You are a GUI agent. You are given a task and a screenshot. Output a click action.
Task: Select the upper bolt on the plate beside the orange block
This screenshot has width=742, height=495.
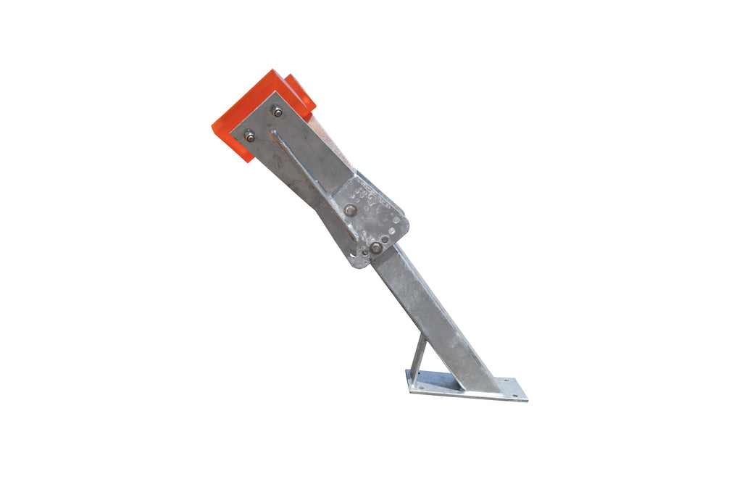click(277, 112)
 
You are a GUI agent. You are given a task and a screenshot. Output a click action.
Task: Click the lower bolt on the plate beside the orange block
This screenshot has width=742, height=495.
click(250, 136)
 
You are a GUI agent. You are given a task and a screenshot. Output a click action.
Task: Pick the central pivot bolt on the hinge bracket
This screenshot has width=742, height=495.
click(351, 210)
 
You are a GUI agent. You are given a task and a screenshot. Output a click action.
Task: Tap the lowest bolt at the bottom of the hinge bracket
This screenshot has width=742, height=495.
click(376, 248)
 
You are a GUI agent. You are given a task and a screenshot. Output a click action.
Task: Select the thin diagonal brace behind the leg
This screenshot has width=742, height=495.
click(418, 355)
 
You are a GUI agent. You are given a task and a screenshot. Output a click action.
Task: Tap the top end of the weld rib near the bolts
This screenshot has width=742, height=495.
click(274, 133)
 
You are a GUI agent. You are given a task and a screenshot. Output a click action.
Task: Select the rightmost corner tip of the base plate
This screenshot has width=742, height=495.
click(527, 399)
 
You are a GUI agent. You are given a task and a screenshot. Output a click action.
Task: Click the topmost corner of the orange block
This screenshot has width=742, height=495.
click(273, 70)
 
